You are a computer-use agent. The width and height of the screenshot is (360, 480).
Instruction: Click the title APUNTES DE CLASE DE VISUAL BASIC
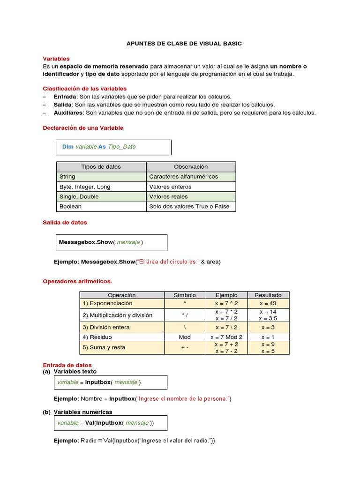coord(184,44)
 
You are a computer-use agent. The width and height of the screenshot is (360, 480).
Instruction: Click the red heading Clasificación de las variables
coord(85,88)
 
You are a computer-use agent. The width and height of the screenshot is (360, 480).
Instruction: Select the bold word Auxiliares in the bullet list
coord(68,112)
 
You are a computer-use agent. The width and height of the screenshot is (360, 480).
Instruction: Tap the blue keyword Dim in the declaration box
coord(68,147)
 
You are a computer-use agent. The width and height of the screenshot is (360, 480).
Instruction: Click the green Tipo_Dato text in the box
coord(121,147)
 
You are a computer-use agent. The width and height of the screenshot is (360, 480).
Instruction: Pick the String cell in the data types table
coord(67,177)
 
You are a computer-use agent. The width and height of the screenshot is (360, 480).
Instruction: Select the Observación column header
coord(191,167)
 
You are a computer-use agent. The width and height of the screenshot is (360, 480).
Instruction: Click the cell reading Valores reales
coord(168,196)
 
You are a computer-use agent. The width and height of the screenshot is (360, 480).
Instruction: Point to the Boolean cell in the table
coord(70,206)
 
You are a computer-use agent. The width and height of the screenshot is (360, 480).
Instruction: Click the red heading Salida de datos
coord(65,222)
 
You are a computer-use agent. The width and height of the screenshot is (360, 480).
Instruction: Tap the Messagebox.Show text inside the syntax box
coord(86,242)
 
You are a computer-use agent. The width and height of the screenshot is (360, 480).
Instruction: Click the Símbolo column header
coord(185,295)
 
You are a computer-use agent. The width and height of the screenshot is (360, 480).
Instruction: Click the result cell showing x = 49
coord(268,303)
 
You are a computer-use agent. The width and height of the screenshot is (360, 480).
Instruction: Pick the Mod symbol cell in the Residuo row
coord(185,337)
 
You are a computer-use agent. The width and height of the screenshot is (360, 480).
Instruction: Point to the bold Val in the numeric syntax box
coord(90,422)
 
